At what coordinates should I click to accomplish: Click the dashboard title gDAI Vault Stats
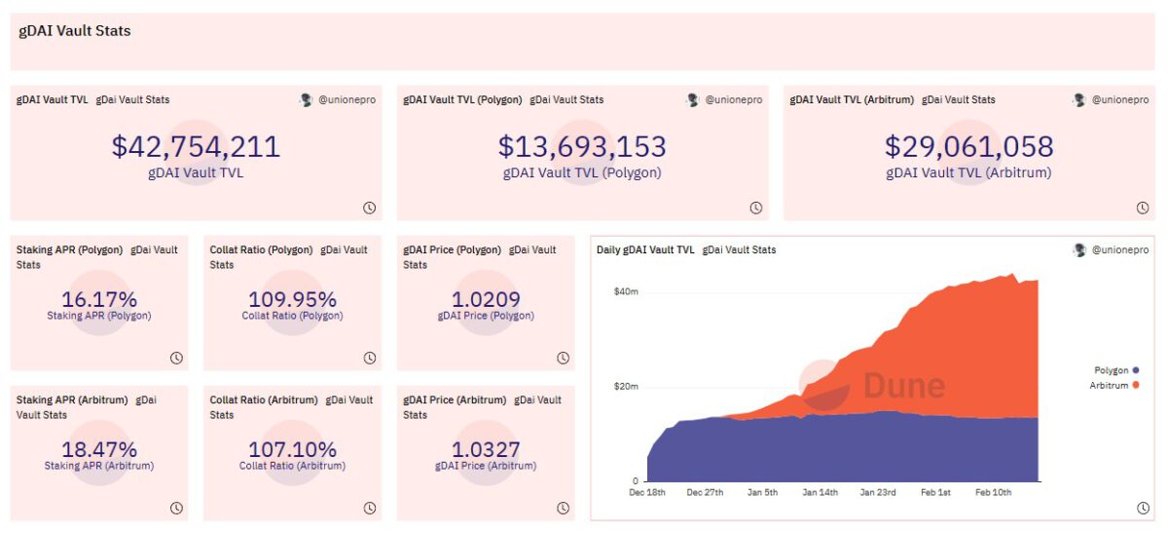75,31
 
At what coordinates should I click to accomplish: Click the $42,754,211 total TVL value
196,147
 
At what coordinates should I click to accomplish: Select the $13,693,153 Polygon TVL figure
582,147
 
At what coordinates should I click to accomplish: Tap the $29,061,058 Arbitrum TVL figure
968,147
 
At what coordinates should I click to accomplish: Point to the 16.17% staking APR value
99,299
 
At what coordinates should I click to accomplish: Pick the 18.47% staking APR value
99,449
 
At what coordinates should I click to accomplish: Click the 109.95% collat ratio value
292,299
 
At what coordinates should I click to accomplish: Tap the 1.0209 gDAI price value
486,299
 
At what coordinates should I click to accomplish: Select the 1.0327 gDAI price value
486,449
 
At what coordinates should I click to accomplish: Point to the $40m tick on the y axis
625,291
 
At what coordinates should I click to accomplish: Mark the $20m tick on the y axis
625,387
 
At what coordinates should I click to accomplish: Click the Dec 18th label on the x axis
647,493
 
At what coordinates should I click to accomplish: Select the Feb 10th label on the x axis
993,493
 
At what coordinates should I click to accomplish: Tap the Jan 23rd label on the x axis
878,493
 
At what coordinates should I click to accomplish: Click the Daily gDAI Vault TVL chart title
645,250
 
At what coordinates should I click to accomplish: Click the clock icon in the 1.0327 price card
563,508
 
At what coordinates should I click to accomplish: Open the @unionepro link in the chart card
1119,250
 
